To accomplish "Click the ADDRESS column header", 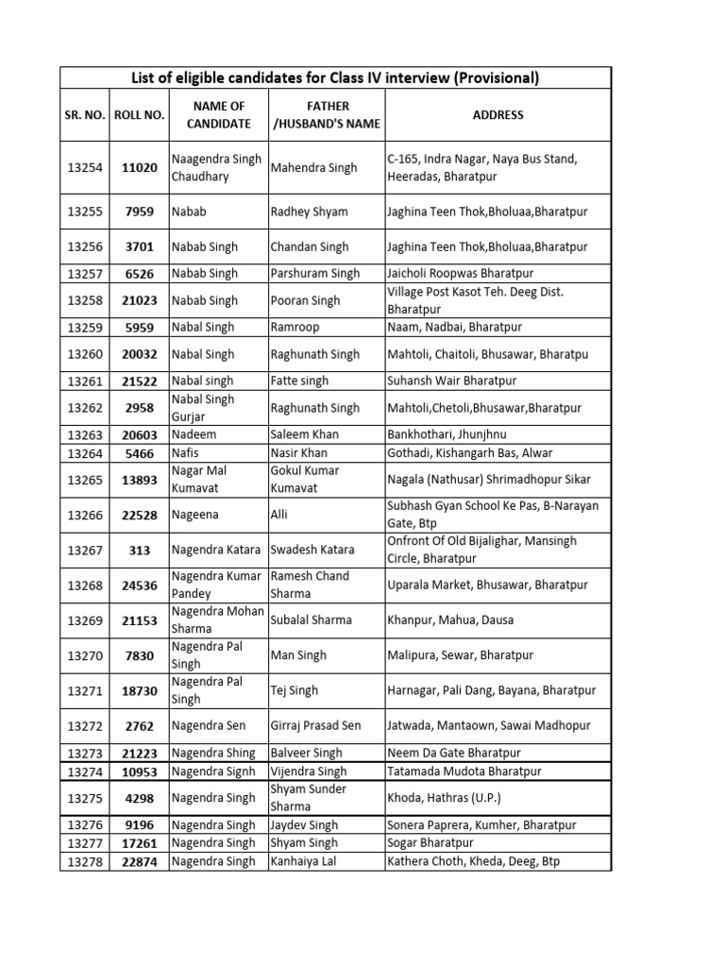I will point(497,114).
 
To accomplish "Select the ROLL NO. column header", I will point(139,114).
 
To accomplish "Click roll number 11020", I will point(139,168).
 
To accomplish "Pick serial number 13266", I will point(86,515).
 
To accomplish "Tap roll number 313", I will point(139,550).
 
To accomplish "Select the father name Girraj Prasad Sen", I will point(315,725).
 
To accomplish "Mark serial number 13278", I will point(86,861).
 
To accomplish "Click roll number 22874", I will point(139,861).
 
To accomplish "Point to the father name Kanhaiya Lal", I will point(303,861).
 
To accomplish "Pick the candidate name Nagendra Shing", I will point(213,754).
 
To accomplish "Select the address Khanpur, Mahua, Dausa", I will point(449,619).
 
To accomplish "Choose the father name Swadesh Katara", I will point(312,550).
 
